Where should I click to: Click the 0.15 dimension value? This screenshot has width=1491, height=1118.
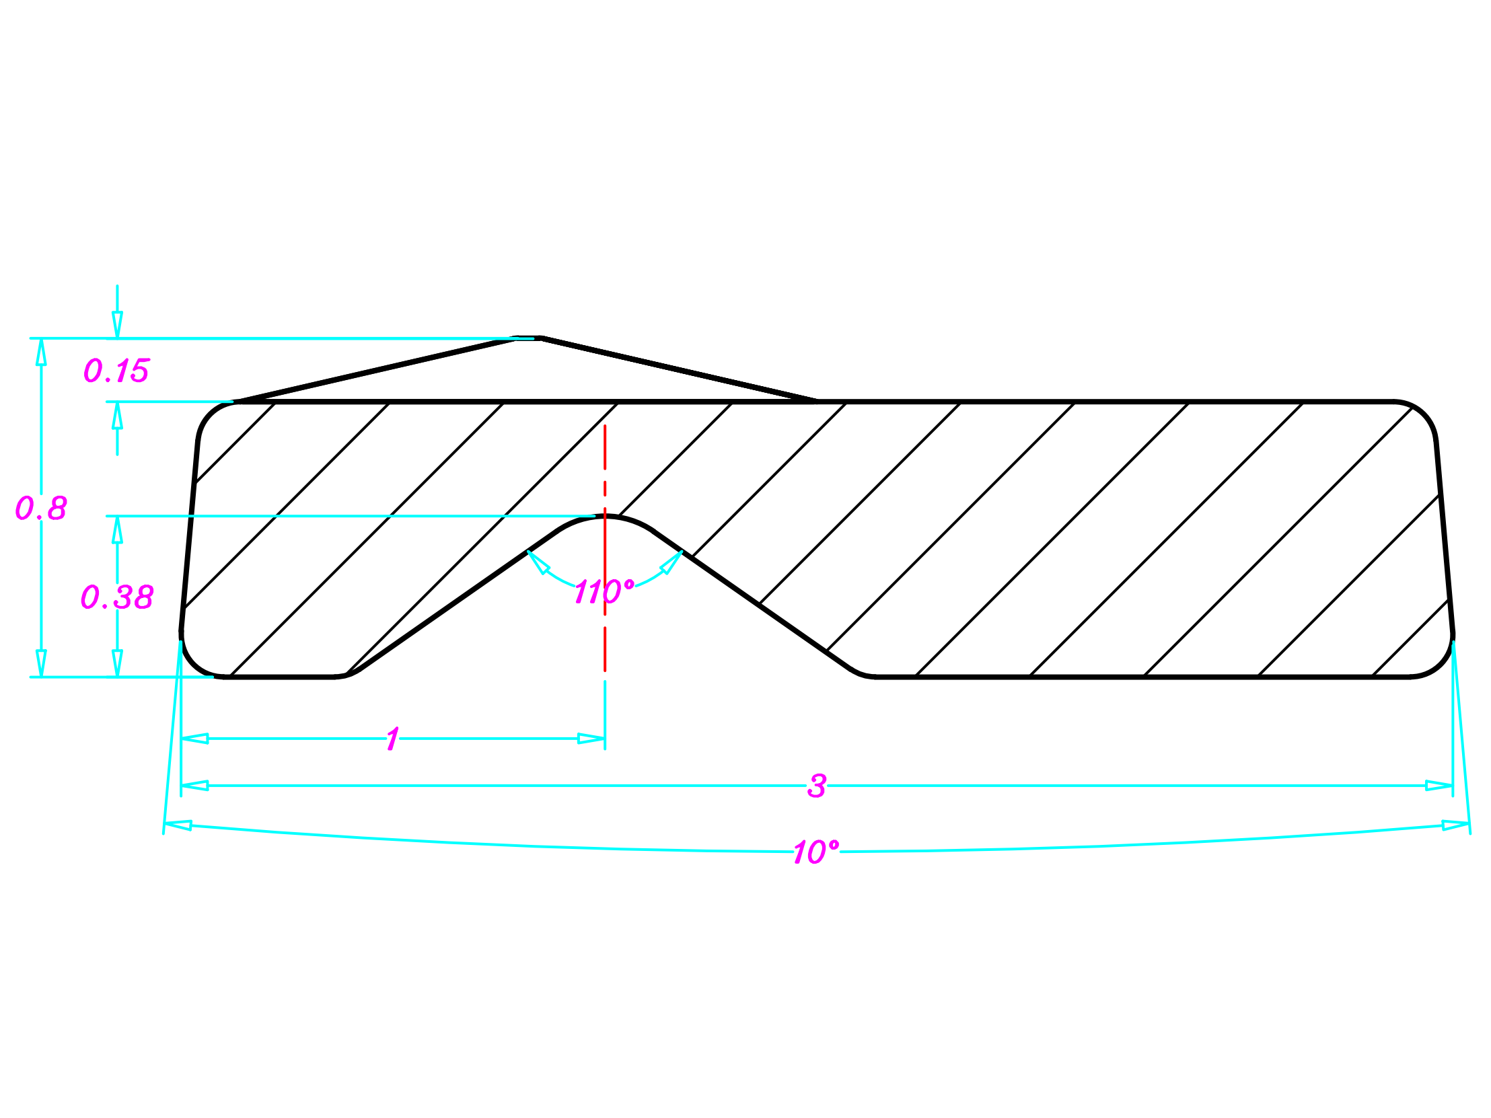point(116,371)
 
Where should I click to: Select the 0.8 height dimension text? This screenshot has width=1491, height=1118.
point(41,508)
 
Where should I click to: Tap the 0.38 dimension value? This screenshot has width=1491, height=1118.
point(117,597)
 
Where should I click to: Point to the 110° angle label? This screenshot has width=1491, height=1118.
point(604,592)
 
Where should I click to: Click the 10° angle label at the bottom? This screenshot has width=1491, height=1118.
point(816,852)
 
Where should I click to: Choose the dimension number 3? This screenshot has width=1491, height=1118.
point(817,786)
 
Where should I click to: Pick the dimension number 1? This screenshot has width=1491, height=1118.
point(393,739)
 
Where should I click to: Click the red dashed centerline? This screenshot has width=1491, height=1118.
point(605,548)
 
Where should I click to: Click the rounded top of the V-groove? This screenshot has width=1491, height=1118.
point(605,516)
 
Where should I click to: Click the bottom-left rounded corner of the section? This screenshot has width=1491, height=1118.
point(195,663)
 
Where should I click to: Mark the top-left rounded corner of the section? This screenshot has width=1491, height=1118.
point(211,414)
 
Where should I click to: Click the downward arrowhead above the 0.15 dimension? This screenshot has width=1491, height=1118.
point(117,325)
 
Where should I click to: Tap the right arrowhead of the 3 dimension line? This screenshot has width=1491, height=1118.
point(1439,786)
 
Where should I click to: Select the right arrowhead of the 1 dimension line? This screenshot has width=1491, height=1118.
point(591,739)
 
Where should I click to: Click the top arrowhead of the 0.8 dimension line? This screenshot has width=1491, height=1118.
point(41,351)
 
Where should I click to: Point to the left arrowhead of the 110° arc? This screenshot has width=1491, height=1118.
point(537,562)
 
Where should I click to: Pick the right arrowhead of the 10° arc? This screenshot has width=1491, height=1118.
point(1456,825)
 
